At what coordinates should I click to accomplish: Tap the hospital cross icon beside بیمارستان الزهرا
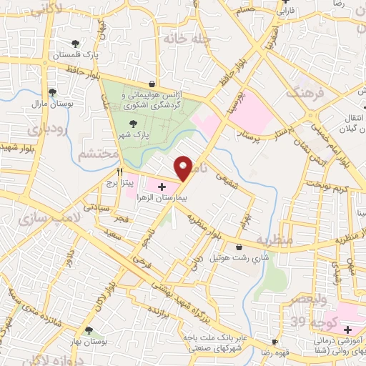pyautogui.click(x=161, y=187)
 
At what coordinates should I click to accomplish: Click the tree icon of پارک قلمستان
pyautogui.click(x=76, y=45)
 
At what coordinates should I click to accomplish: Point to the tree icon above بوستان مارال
pyautogui.click(x=52, y=92)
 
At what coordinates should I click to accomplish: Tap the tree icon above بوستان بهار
pyautogui.click(x=88, y=330)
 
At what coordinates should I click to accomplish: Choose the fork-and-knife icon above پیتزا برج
pyautogui.click(x=120, y=172)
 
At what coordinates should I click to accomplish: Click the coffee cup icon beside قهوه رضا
pyautogui.click(x=273, y=342)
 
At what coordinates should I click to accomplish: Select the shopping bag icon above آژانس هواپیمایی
pyautogui.click(x=152, y=84)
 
